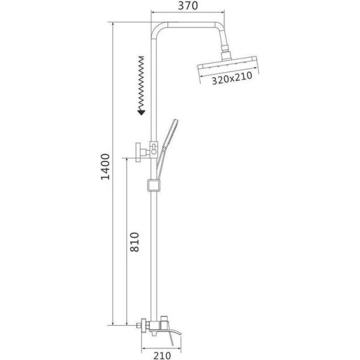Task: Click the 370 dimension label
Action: tap(188, 6)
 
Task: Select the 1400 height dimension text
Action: tap(106, 167)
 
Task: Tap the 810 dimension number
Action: tap(135, 242)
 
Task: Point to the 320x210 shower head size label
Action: tap(232, 78)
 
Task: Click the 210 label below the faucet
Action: tap(162, 355)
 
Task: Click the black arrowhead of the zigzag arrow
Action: tap(141, 112)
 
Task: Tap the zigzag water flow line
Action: tap(141, 83)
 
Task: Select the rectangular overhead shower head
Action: tap(227, 64)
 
